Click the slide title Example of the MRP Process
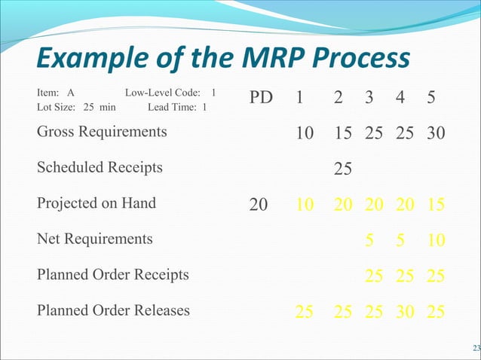[223, 59]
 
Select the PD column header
[260, 99]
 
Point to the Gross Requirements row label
[102, 132]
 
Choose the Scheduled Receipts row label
[100, 167]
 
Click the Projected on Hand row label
[97, 203]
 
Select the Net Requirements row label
[94, 239]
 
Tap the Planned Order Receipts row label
[113, 274]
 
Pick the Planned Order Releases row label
[113, 310]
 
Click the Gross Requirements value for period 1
[305, 134]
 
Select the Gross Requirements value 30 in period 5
[434, 134]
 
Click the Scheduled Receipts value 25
[343, 169]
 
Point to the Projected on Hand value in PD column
[259, 205]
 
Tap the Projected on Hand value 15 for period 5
[434, 205]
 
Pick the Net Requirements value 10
[434, 240]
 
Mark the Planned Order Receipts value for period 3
[373, 276]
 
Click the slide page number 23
[475, 347]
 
